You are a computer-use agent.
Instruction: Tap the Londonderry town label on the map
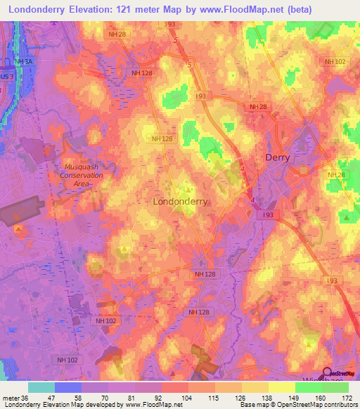pyautogui.click(x=180, y=201)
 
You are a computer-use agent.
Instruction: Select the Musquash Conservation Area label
pyautogui.click(x=79, y=174)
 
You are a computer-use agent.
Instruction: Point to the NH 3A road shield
pyautogui.click(x=23, y=62)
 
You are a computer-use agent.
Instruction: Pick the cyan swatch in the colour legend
pyautogui.click(x=41, y=387)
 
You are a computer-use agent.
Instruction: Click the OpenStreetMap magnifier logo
pyautogui.click(x=328, y=373)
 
